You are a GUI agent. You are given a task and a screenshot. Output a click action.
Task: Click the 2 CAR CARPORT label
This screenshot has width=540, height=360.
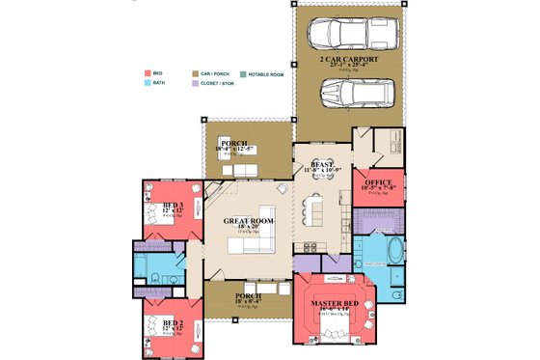349,59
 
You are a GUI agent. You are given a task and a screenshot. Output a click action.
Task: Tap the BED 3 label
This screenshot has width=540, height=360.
174,206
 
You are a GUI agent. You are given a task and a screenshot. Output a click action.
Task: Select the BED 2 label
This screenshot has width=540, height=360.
174,322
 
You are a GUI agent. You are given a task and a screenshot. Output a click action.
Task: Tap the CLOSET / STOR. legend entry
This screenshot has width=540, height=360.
221,84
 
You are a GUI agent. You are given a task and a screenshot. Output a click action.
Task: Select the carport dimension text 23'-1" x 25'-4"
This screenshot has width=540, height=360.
349,67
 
